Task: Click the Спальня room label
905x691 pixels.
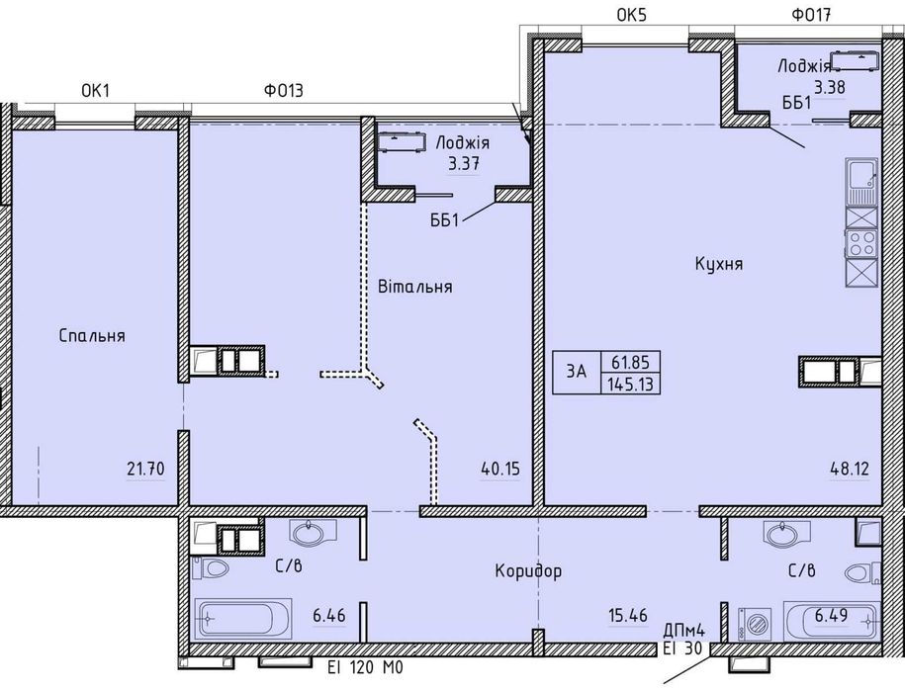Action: point(92,336)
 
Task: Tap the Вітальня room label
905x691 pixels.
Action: point(415,286)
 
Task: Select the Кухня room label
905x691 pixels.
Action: point(719,264)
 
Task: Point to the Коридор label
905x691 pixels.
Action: point(528,571)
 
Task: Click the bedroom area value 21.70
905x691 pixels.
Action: point(146,469)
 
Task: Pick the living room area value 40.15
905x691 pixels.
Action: point(500,469)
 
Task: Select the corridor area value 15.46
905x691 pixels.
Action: point(627,616)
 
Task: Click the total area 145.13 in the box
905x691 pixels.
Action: point(630,384)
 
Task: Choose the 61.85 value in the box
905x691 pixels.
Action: point(630,363)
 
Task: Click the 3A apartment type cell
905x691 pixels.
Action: point(576,372)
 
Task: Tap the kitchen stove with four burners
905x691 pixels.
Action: point(861,243)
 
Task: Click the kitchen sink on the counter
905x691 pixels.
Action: point(861,182)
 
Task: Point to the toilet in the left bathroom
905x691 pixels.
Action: point(211,569)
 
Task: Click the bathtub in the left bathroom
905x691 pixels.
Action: point(243,618)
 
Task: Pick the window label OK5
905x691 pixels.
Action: point(632,15)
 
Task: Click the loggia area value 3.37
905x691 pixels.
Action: point(464,164)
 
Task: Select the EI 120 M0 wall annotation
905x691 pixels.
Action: point(365,668)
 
